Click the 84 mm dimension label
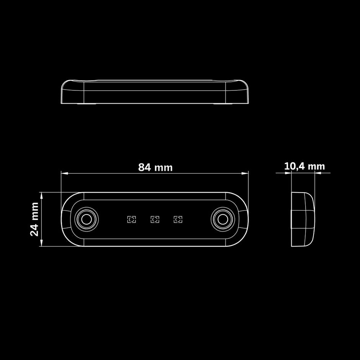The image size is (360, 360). pos(155,167)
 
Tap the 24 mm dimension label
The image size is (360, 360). pos(34,219)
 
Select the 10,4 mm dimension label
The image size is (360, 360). pos(304,166)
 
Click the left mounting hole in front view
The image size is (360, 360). pos(87,219)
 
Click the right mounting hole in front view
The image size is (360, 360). pos(223,219)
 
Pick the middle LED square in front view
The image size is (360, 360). pos(155,219)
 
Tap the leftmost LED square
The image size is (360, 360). pos(132,219)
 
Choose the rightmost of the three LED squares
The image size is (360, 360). pos(178,219)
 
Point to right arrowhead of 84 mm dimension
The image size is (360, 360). pos(245,173)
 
